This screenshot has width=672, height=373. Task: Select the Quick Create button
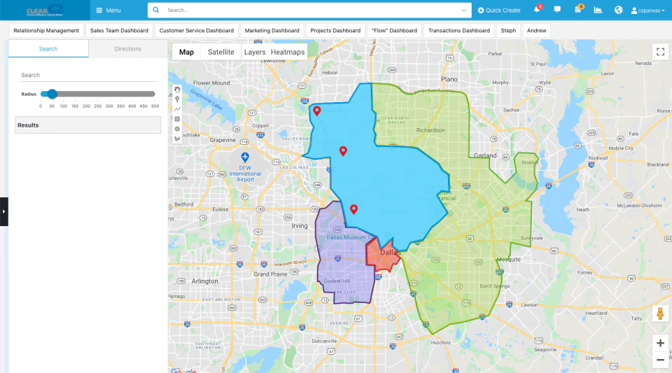(x=499, y=10)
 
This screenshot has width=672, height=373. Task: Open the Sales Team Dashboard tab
(x=118, y=31)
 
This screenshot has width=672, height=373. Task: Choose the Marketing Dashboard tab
(x=272, y=31)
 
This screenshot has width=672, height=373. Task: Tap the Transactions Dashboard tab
(x=458, y=31)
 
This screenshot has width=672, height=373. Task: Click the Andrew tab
(x=536, y=31)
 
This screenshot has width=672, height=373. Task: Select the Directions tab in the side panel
(x=128, y=49)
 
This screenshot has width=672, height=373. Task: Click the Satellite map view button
(x=220, y=52)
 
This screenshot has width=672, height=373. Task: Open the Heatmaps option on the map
(x=288, y=52)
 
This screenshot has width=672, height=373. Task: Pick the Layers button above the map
(x=255, y=52)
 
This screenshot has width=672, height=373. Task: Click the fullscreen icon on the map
(x=659, y=52)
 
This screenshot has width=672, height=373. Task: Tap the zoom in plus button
(x=660, y=343)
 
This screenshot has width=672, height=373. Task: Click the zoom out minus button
(x=660, y=360)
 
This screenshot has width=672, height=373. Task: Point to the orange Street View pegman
(x=659, y=314)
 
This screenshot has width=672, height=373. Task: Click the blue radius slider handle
(x=52, y=94)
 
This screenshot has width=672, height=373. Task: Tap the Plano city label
(x=449, y=80)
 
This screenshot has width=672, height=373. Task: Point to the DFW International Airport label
(x=245, y=173)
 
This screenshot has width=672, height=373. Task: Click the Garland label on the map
(x=485, y=155)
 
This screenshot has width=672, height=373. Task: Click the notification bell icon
(x=537, y=10)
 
